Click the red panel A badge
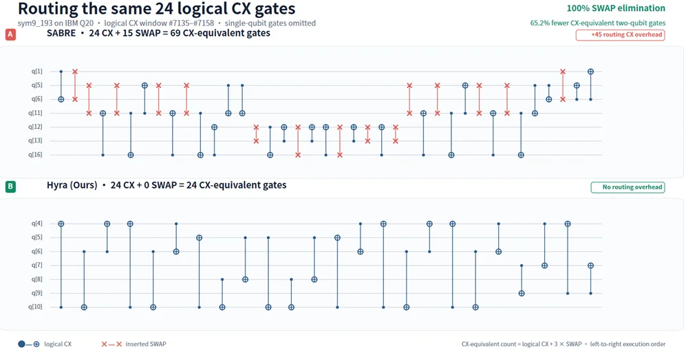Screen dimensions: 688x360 click(x=10, y=34)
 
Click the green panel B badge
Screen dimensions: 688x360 click(x=10, y=187)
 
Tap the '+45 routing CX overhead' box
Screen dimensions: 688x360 click(x=620, y=34)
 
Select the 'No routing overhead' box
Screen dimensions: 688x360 click(x=627, y=187)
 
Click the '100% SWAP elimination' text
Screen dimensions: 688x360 click(x=616, y=8)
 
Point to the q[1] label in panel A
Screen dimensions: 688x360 click(x=37, y=71)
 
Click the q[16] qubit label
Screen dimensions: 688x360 click(x=36, y=155)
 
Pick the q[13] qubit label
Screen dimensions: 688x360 click(x=36, y=140)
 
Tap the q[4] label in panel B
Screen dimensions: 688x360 click(x=37, y=224)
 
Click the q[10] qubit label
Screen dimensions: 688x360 click(x=36, y=307)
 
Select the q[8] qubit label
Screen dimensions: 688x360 click(x=37, y=279)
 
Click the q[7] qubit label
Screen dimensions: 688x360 click(x=37, y=265)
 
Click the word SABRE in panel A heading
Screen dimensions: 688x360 click(x=61, y=33)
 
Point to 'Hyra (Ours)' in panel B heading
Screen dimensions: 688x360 click(x=72, y=185)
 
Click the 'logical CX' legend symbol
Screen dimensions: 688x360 click(x=28, y=344)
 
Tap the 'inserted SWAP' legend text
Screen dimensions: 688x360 click(x=146, y=344)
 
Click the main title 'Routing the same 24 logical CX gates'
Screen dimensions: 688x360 click(x=157, y=9)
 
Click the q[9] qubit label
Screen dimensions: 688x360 click(x=37, y=293)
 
